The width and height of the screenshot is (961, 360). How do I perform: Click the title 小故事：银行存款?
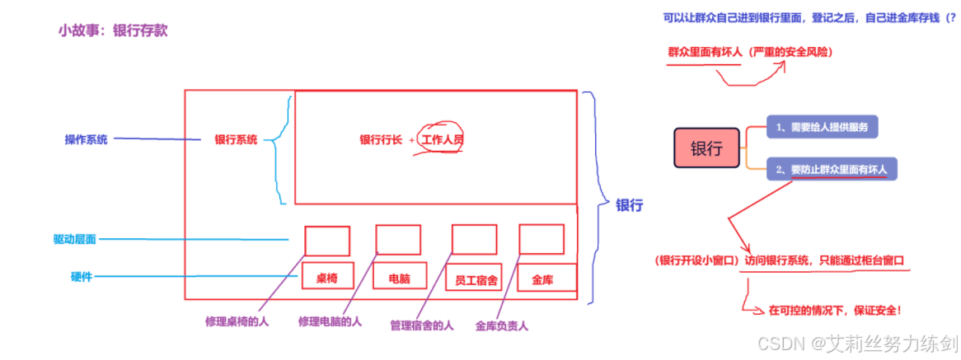click(x=113, y=30)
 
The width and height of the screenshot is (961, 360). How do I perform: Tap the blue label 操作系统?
click(x=87, y=139)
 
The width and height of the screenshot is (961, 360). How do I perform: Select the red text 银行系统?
click(x=236, y=140)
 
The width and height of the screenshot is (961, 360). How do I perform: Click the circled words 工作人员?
click(x=442, y=140)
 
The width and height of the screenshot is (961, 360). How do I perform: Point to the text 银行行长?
click(x=381, y=140)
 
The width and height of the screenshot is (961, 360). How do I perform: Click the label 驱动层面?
click(x=74, y=240)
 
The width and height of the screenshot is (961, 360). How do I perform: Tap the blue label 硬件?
click(x=81, y=277)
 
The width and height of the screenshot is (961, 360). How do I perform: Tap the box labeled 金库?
click(x=543, y=280)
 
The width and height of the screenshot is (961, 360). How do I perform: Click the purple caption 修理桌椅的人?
click(x=237, y=320)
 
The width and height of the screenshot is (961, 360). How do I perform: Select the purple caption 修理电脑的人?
click(x=330, y=321)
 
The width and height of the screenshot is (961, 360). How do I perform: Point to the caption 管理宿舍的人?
click(x=422, y=325)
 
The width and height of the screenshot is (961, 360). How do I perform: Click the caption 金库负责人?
click(x=502, y=325)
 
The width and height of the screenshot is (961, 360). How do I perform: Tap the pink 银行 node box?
click(x=706, y=149)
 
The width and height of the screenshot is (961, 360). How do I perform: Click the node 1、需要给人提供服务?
click(x=822, y=127)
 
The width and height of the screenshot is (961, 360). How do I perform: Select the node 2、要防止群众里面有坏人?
click(x=831, y=170)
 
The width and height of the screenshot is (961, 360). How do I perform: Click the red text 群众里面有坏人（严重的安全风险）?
click(x=749, y=52)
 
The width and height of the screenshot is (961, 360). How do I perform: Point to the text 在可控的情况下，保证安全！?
click(x=834, y=310)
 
